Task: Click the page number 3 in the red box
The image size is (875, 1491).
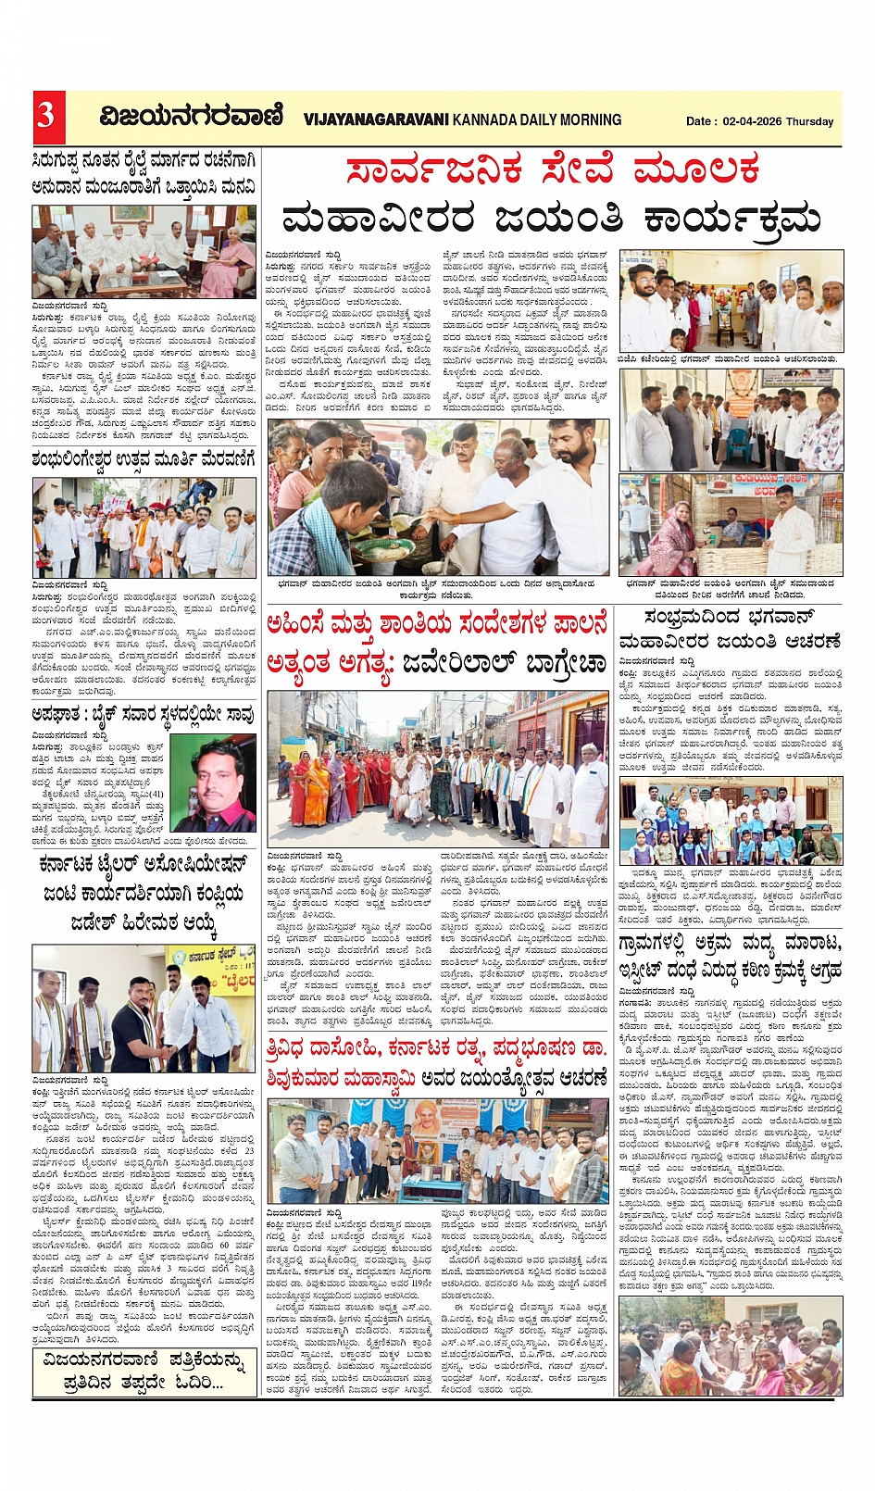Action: pos(46,116)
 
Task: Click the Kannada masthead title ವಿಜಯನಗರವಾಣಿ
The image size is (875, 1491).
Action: pos(191,117)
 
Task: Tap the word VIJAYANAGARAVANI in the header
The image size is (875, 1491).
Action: pos(376,119)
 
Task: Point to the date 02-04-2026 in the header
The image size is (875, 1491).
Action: pos(748,121)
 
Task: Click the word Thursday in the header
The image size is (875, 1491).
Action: pos(809,121)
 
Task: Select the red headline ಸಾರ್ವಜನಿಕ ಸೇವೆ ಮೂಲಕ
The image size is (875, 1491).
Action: pos(553,170)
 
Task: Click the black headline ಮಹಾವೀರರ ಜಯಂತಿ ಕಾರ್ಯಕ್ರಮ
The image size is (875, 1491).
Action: pos(552,219)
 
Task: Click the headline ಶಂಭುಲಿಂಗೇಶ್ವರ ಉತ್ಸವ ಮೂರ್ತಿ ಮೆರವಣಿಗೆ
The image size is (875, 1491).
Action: pos(144,459)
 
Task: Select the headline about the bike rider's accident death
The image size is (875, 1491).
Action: pos(144,714)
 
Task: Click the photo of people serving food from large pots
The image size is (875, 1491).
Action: pos(438,497)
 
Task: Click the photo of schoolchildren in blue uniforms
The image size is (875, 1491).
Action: pos(731,821)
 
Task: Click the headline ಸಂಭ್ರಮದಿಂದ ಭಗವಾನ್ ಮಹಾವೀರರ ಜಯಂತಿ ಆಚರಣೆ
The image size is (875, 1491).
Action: pos(730,629)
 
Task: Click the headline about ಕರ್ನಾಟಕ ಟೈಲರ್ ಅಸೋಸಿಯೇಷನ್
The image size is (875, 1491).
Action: pos(144,892)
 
